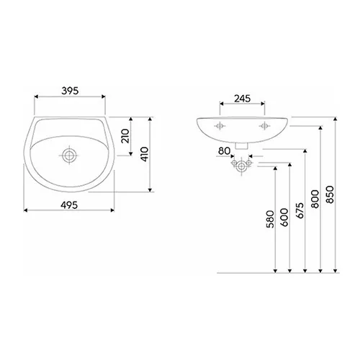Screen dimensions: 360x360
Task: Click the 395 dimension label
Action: (69, 91)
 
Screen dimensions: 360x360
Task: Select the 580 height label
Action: (269, 219)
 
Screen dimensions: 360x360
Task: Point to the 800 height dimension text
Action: (315, 198)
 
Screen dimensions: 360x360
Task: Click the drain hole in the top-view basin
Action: (69, 155)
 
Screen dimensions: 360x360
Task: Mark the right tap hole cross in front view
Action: (264, 125)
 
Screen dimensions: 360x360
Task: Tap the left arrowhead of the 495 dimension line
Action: (27, 211)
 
